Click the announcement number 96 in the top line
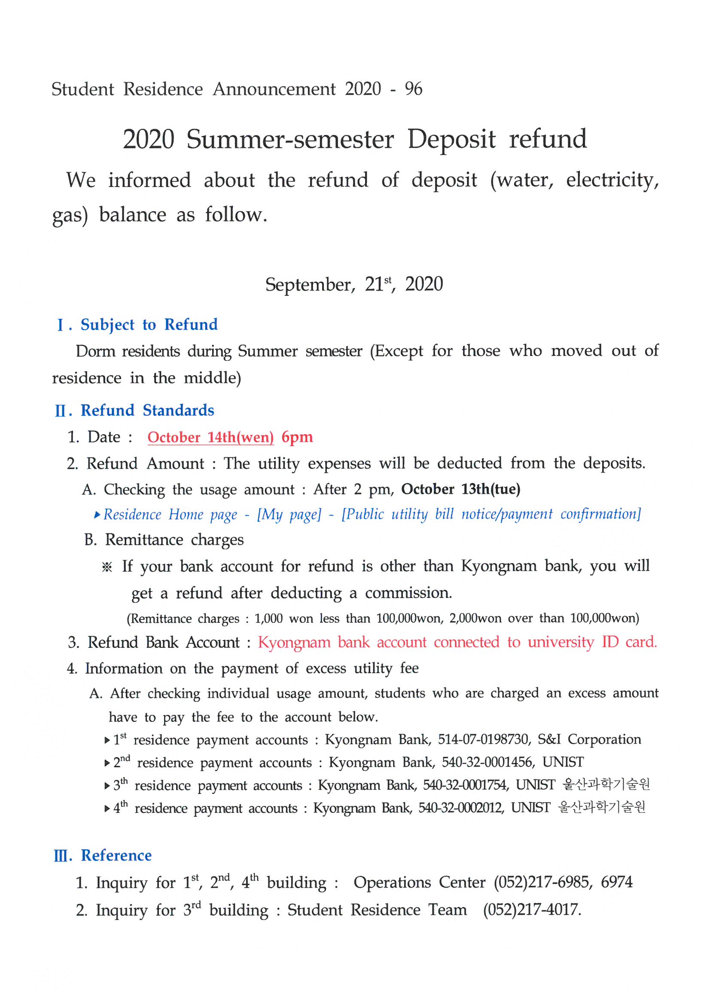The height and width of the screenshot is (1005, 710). (413, 89)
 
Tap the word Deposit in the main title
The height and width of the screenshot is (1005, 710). (451, 140)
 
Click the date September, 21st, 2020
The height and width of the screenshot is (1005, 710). (354, 285)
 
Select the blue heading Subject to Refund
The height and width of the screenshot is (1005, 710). (149, 325)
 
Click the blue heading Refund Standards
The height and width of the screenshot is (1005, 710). (147, 411)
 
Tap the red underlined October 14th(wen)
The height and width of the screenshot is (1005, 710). (210, 437)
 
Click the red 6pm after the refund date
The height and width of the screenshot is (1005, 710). (297, 437)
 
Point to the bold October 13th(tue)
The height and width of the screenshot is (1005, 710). (460, 489)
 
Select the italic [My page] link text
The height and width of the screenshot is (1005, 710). (289, 514)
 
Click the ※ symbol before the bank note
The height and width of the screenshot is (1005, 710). (107, 567)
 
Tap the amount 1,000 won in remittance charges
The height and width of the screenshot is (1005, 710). (283, 619)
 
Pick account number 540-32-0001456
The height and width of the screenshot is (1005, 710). (487, 762)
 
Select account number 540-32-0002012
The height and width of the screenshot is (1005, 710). (460, 808)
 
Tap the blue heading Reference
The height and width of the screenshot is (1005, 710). (116, 856)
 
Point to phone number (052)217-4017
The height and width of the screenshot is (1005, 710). (531, 910)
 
